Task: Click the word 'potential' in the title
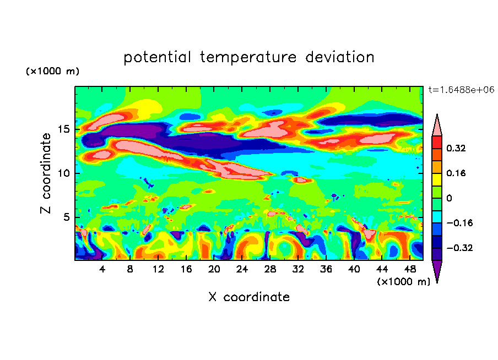coord(158,57)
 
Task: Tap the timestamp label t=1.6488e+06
coord(462,89)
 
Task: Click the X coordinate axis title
coord(249,297)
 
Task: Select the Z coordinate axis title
coord(46,173)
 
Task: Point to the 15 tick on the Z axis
coord(65,129)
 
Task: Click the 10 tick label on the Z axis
coord(65,173)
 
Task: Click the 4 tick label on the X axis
coord(102,269)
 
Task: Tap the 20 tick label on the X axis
coord(214,269)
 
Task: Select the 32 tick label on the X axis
coord(297,269)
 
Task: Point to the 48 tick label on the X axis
coord(409,269)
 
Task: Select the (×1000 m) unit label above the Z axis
coord(52,72)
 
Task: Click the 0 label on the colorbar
coord(449,198)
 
